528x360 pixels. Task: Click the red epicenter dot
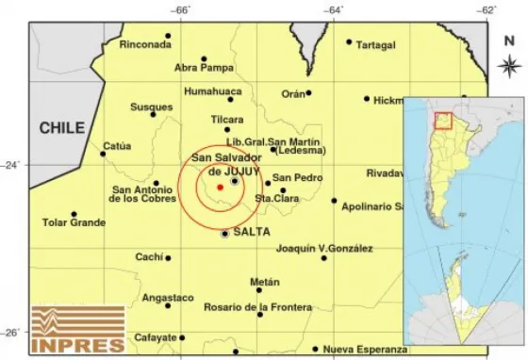(220, 188)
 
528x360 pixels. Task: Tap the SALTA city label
(252, 232)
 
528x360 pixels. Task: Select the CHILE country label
(61, 127)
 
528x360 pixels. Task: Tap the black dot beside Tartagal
(349, 41)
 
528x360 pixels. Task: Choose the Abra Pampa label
(204, 67)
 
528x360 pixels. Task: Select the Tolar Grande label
(74, 223)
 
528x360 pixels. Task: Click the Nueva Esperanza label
(363, 350)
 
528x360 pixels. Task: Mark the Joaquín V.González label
(324, 249)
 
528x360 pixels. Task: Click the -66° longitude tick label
(182, 9)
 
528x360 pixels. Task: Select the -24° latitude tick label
(14, 164)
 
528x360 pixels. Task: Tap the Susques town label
(151, 107)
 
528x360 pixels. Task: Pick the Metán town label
(265, 282)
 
